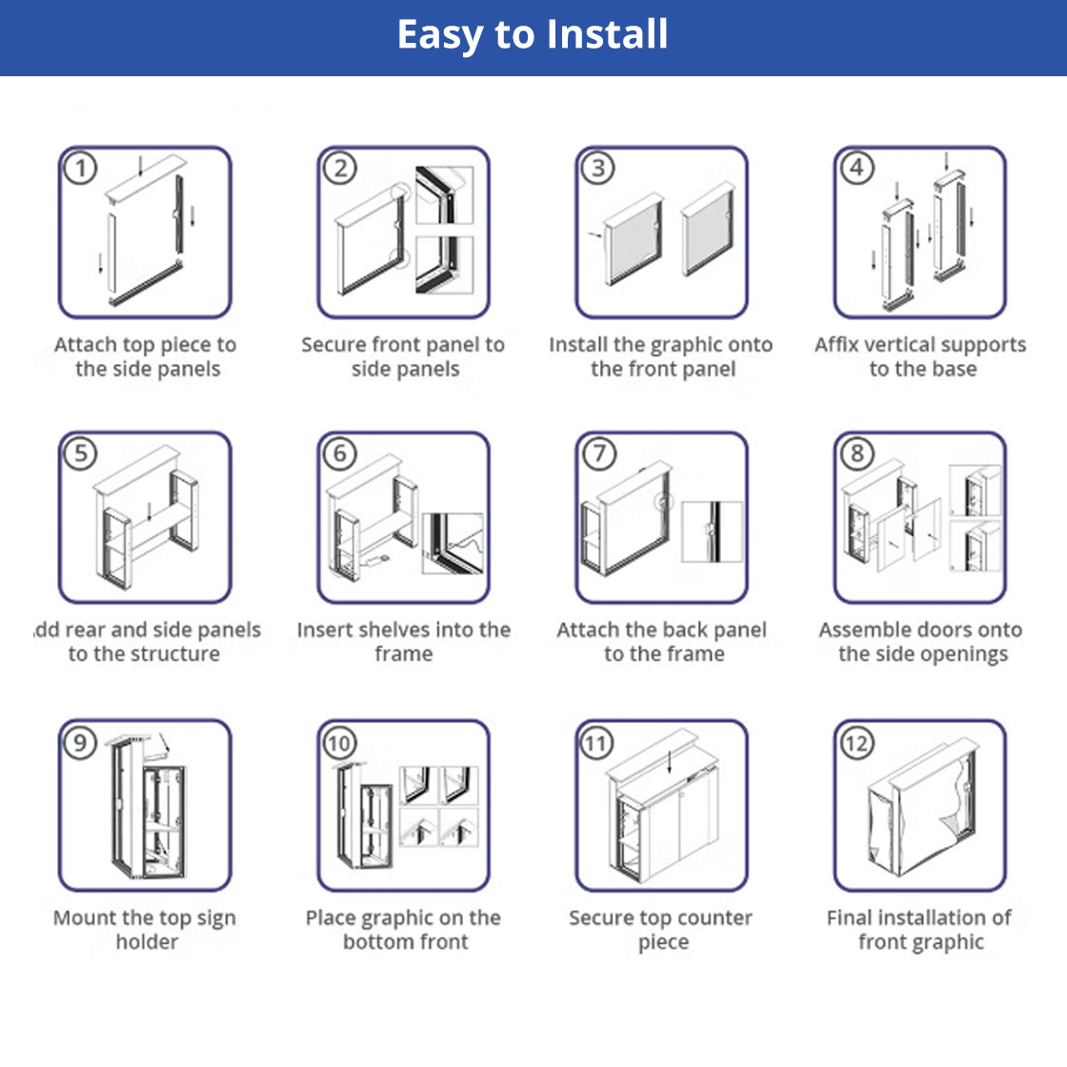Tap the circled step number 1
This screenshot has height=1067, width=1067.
(81, 169)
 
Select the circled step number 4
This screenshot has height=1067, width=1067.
(856, 168)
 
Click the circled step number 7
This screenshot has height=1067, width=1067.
(599, 453)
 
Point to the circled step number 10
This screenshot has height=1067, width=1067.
(340, 742)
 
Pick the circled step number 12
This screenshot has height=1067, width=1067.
(856, 742)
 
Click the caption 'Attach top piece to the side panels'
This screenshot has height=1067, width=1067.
(146, 357)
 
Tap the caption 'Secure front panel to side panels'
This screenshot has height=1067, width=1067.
(404, 357)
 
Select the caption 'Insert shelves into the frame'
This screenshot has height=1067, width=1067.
(404, 642)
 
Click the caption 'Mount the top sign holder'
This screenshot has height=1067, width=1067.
(146, 930)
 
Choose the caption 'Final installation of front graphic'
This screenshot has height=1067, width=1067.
(920, 930)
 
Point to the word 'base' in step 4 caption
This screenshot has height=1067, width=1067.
(955, 370)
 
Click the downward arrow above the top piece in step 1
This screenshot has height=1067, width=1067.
(140, 166)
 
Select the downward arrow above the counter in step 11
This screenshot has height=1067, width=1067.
(671, 759)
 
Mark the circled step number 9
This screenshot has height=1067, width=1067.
(81, 742)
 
